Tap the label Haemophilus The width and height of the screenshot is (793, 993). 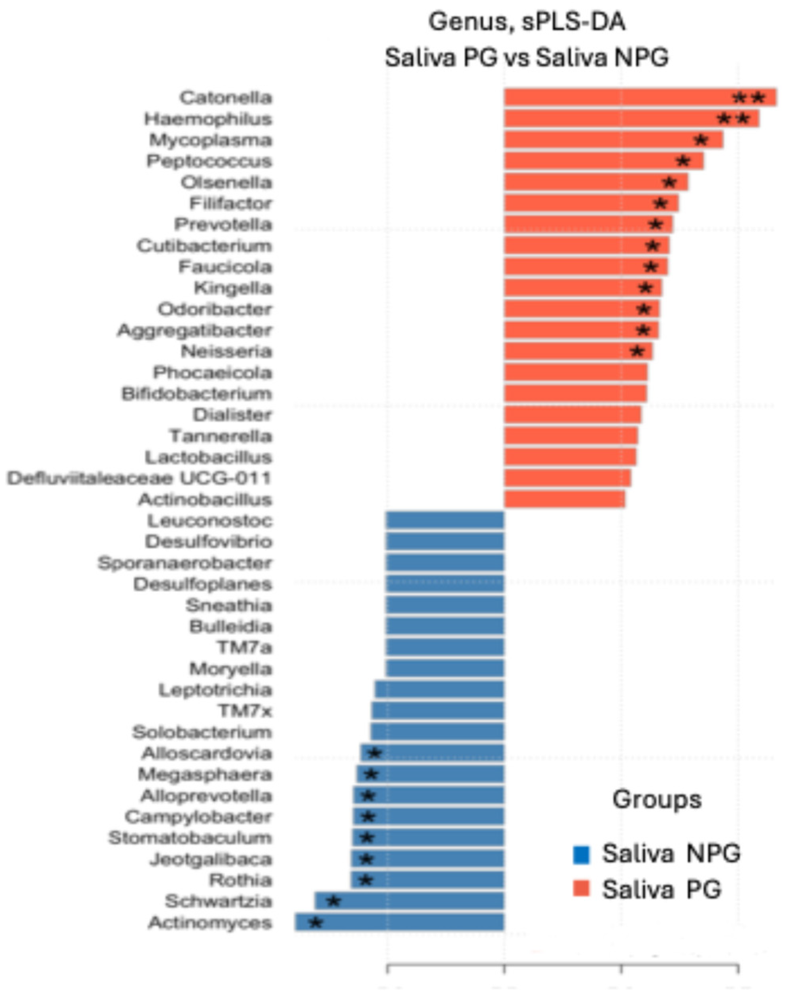(208, 119)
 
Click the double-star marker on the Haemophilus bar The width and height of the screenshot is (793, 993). (734, 119)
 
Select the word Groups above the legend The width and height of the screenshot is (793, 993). (657, 800)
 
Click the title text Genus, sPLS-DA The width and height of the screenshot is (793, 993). (527, 21)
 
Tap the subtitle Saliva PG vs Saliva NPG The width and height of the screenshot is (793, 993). (527, 58)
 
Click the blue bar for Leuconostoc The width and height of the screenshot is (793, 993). (445, 520)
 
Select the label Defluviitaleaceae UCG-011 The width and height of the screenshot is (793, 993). (139, 478)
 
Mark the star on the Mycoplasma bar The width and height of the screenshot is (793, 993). (701, 140)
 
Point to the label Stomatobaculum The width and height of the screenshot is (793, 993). (190, 838)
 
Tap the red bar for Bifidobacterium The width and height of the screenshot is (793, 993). (575, 394)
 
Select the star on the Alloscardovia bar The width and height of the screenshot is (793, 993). (375, 753)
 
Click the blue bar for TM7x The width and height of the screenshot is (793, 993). (437, 711)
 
